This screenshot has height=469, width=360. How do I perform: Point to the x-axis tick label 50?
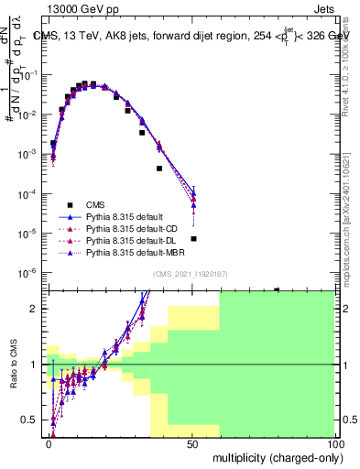click(192, 442)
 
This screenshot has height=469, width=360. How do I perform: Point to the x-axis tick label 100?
click(334, 442)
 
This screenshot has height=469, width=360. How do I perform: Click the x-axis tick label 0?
click(49, 442)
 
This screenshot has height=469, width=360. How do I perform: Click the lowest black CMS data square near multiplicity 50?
click(193, 238)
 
